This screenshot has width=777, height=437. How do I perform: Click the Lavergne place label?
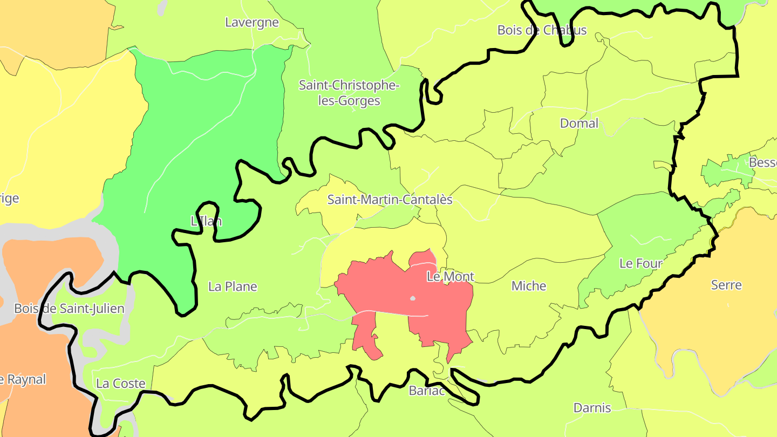click(252, 23)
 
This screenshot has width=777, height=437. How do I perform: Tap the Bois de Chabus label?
click(542, 30)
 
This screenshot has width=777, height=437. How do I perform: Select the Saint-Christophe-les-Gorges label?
click(349, 93)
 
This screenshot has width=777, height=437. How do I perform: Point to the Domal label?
click(579, 124)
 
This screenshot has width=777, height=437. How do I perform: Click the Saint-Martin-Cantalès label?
click(390, 200)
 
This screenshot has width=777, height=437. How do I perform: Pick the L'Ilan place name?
click(206, 221)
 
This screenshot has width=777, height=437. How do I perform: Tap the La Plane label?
click(233, 287)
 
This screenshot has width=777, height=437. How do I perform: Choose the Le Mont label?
click(450, 277)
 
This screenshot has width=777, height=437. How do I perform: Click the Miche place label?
click(529, 286)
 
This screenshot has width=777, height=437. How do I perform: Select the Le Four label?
click(640, 264)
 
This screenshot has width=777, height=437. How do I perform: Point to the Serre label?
click(726, 285)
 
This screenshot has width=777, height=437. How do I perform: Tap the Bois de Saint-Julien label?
click(69, 309)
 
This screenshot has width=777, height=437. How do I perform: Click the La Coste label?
click(120, 384)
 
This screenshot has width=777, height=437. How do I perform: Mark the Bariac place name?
click(427, 391)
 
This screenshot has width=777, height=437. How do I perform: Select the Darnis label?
click(592, 408)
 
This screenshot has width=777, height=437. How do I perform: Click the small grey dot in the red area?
click(413, 298)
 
